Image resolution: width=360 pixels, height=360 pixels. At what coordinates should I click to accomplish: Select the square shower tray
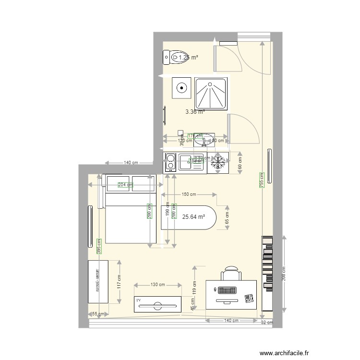click(x=211, y=93)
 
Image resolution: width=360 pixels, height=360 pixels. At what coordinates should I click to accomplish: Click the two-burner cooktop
click(x=170, y=163)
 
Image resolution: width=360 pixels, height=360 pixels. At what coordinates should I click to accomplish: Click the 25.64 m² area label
click(x=193, y=216)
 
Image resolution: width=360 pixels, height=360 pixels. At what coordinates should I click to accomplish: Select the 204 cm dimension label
click(x=124, y=185)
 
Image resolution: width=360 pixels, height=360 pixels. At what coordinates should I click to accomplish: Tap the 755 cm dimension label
click(x=262, y=180)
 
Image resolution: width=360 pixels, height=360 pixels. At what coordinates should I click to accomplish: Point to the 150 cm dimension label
click(x=189, y=194)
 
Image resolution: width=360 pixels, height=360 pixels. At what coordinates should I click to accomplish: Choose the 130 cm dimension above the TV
click(x=158, y=285)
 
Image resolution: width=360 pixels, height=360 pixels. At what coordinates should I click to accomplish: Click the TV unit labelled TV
click(x=157, y=303)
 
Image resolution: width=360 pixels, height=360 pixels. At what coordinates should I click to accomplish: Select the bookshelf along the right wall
click(x=267, y=274)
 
